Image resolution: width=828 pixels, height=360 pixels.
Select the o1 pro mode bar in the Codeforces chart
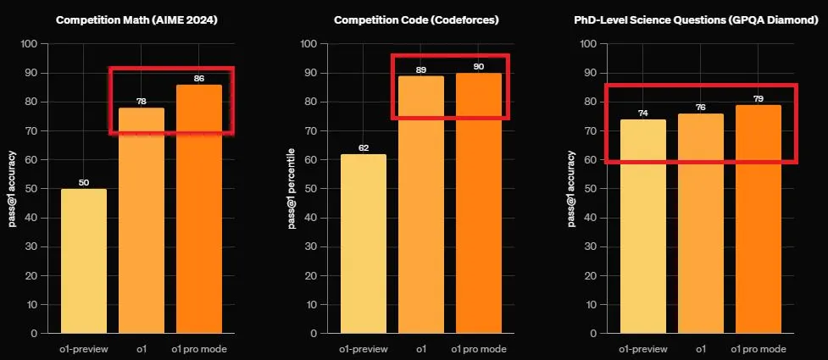tap(479, 203)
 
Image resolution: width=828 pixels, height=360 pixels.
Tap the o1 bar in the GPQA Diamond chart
tap(700, 224)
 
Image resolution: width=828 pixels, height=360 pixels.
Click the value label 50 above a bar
tap(84, 182)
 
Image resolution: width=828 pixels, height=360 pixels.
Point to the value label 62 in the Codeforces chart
tap(364, 147)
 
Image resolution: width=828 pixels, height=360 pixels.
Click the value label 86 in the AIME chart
tap(198, 78)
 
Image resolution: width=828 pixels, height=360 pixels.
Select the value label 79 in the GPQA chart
tap(758, 98)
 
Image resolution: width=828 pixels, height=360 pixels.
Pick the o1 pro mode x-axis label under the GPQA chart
tap(758, 349)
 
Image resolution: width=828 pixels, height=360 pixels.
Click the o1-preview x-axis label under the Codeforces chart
tap(364, 349)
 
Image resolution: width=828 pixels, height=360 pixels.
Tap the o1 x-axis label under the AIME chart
tap(141, 349)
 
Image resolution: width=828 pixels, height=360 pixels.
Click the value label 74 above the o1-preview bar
tap(642, 113)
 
